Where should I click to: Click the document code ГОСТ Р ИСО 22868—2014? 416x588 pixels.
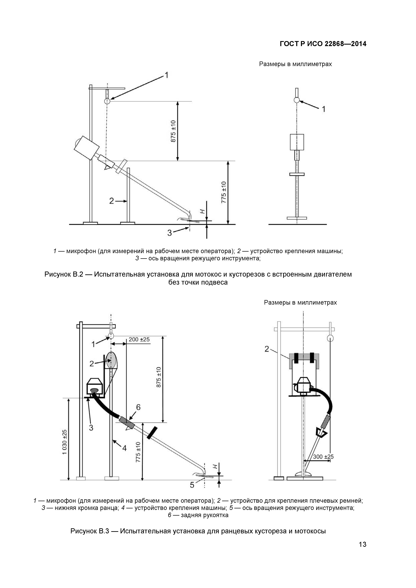pos(323,44)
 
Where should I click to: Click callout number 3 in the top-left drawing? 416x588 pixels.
pos(169,233)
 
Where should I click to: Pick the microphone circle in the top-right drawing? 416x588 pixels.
pos(297,100)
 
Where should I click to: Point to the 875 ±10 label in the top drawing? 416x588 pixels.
pos(173,131)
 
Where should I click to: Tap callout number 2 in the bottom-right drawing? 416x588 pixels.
pos(267,349)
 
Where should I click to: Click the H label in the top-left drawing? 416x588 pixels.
pos(202,212)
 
